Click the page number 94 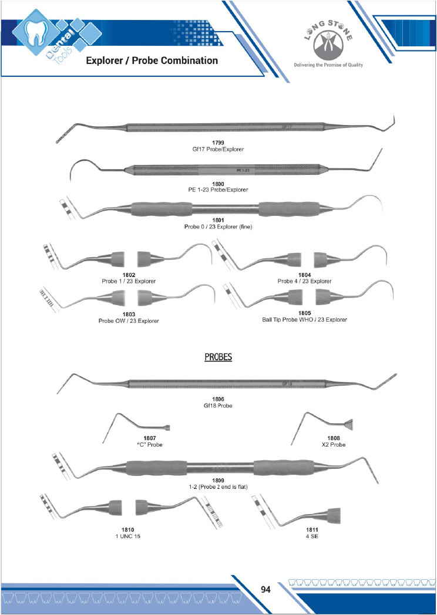coord(265,589)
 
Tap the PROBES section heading coord(218,357)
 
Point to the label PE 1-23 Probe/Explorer coord(218,190)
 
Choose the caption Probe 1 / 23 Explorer coord(129,281)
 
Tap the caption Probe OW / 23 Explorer coord(129,320)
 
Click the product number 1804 coord(304,275)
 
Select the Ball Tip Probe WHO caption coord(304,320)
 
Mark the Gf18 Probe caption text coord(218,405)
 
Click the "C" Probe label coord(149,444)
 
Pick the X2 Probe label coord(334,444)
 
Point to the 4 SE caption coord(312,536)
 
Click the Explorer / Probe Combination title coord(152,60)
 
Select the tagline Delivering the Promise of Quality coord(328,65)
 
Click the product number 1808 coord(334,438)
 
